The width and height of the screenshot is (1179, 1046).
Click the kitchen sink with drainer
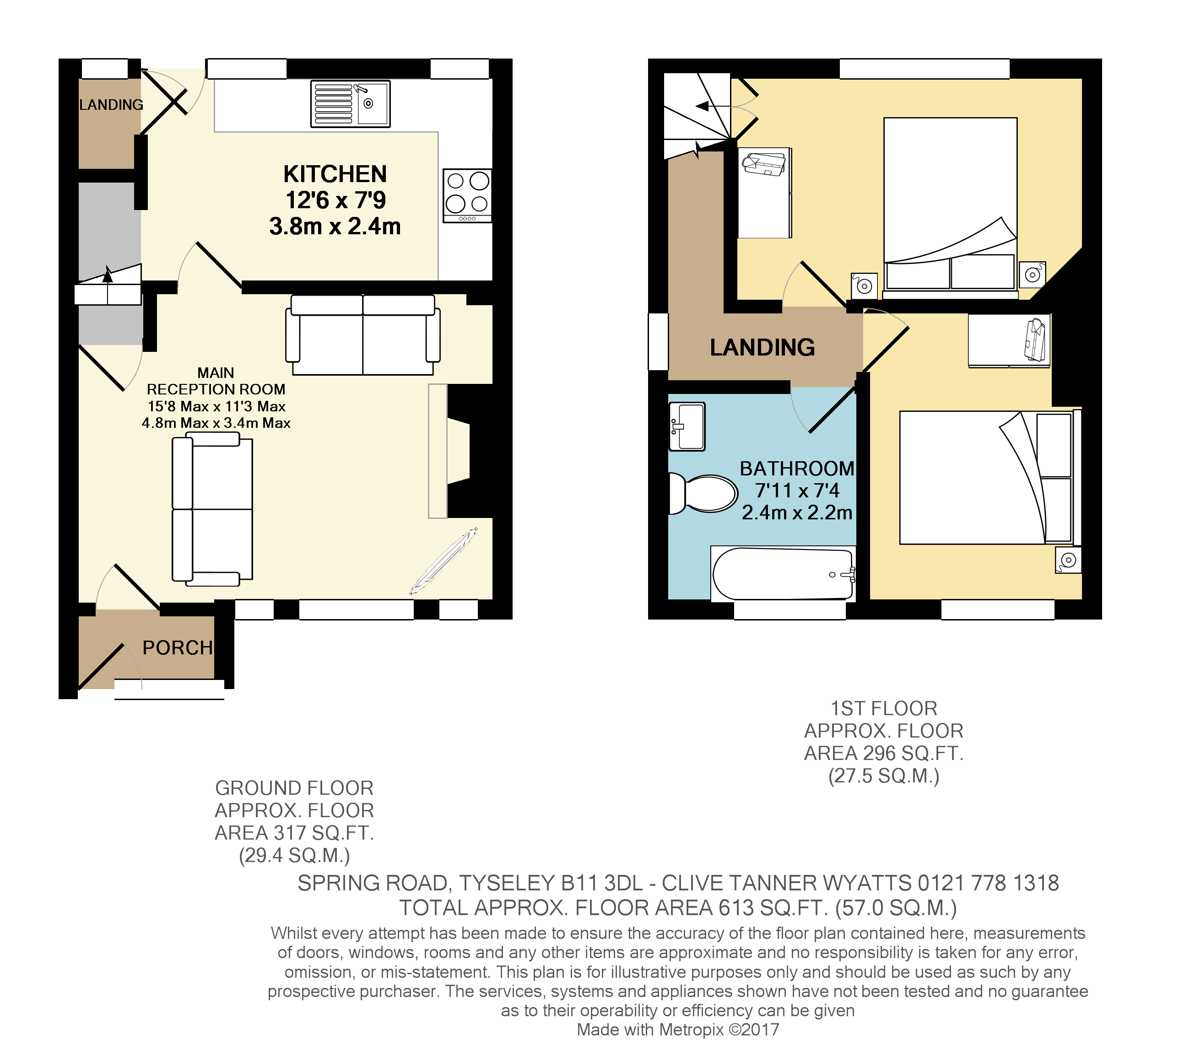click(350, 104)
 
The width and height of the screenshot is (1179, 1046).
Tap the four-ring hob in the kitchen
click(467, 195)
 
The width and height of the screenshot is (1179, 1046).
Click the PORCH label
click(178, 647)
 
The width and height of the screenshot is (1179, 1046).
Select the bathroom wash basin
click(687, 427)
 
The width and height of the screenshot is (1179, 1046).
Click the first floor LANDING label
click(762, 348)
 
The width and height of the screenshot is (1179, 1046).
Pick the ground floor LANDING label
click(111, 105)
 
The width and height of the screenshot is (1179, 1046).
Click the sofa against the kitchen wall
click(363, 334)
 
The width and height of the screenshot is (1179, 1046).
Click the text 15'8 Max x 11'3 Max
click(216, 406)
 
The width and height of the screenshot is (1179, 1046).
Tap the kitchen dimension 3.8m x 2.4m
click(335, 226)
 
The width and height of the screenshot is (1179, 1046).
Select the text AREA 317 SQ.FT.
click(294, 833)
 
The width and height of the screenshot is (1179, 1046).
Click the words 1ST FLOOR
click(884, 709)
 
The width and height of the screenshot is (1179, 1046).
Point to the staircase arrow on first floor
click(703, 107)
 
